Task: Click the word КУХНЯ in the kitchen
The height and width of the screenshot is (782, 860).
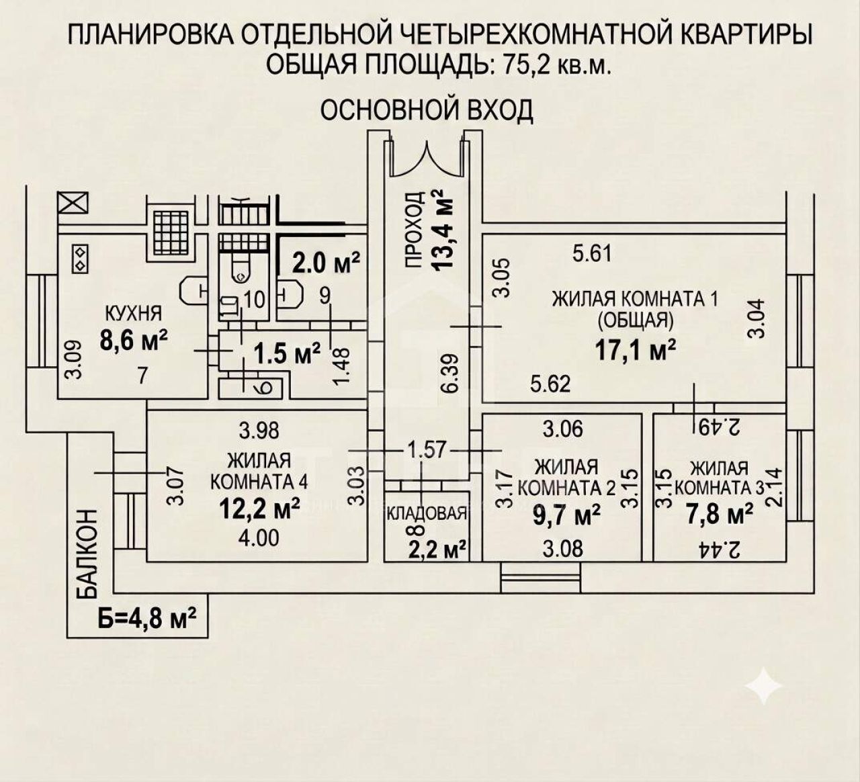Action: coord(134,313)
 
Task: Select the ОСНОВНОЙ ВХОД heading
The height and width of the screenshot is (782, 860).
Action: coord(427,110)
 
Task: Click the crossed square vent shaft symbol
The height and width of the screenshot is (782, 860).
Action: coord(73,202)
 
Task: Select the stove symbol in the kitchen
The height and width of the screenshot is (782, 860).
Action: coord(80,258)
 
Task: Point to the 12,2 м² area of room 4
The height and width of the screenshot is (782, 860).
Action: coord(260,509)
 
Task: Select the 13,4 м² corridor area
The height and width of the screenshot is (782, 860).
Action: coord(443,228)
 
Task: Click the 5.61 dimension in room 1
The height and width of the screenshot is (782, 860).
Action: coord(592,253)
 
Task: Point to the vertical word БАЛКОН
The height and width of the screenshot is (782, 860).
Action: coord(87,554)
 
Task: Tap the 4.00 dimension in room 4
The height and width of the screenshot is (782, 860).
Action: coord(260,537)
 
